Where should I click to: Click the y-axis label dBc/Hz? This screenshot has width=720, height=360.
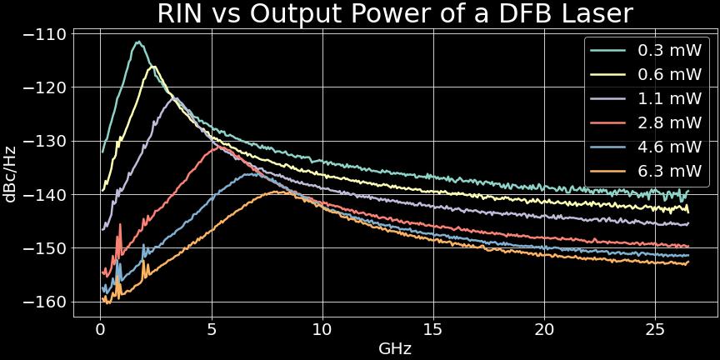(x=11, y=172)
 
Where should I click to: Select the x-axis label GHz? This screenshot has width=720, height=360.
(x=395, y=348)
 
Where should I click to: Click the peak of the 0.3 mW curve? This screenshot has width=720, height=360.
(x=138, y=42)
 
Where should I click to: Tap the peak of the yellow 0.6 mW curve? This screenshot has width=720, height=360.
(x=154, y=67)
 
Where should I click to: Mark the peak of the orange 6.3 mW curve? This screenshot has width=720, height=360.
(x=277, y=192)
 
